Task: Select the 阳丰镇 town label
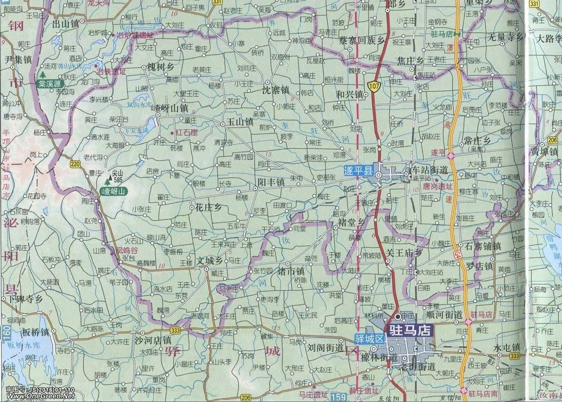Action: [x=271, y=182]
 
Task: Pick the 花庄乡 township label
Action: [x=208, y=206]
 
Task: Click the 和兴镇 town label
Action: [x=350, y=94]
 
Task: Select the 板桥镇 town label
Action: [x=35, y=333]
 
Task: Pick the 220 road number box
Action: [x=75, y=164]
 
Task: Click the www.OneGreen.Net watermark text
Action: [x=37, y=396]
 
